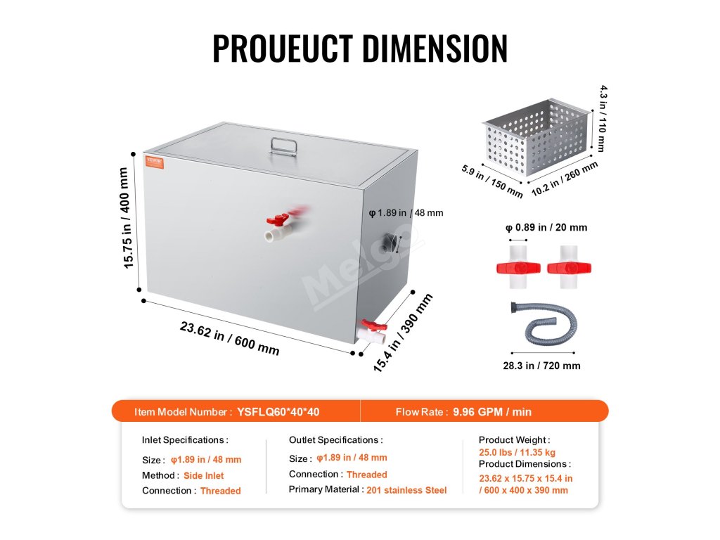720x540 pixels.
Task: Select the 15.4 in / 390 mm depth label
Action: [x=404, y=333]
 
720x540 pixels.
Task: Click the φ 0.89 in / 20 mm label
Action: [x=546, y=227]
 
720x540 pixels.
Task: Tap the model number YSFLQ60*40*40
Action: [x=283, y=412]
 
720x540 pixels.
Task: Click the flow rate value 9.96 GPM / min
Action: [x=492, y=412]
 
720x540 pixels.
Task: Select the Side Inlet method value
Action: [x=204, y=475]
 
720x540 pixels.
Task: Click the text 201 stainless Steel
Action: [x=406, y=489]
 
